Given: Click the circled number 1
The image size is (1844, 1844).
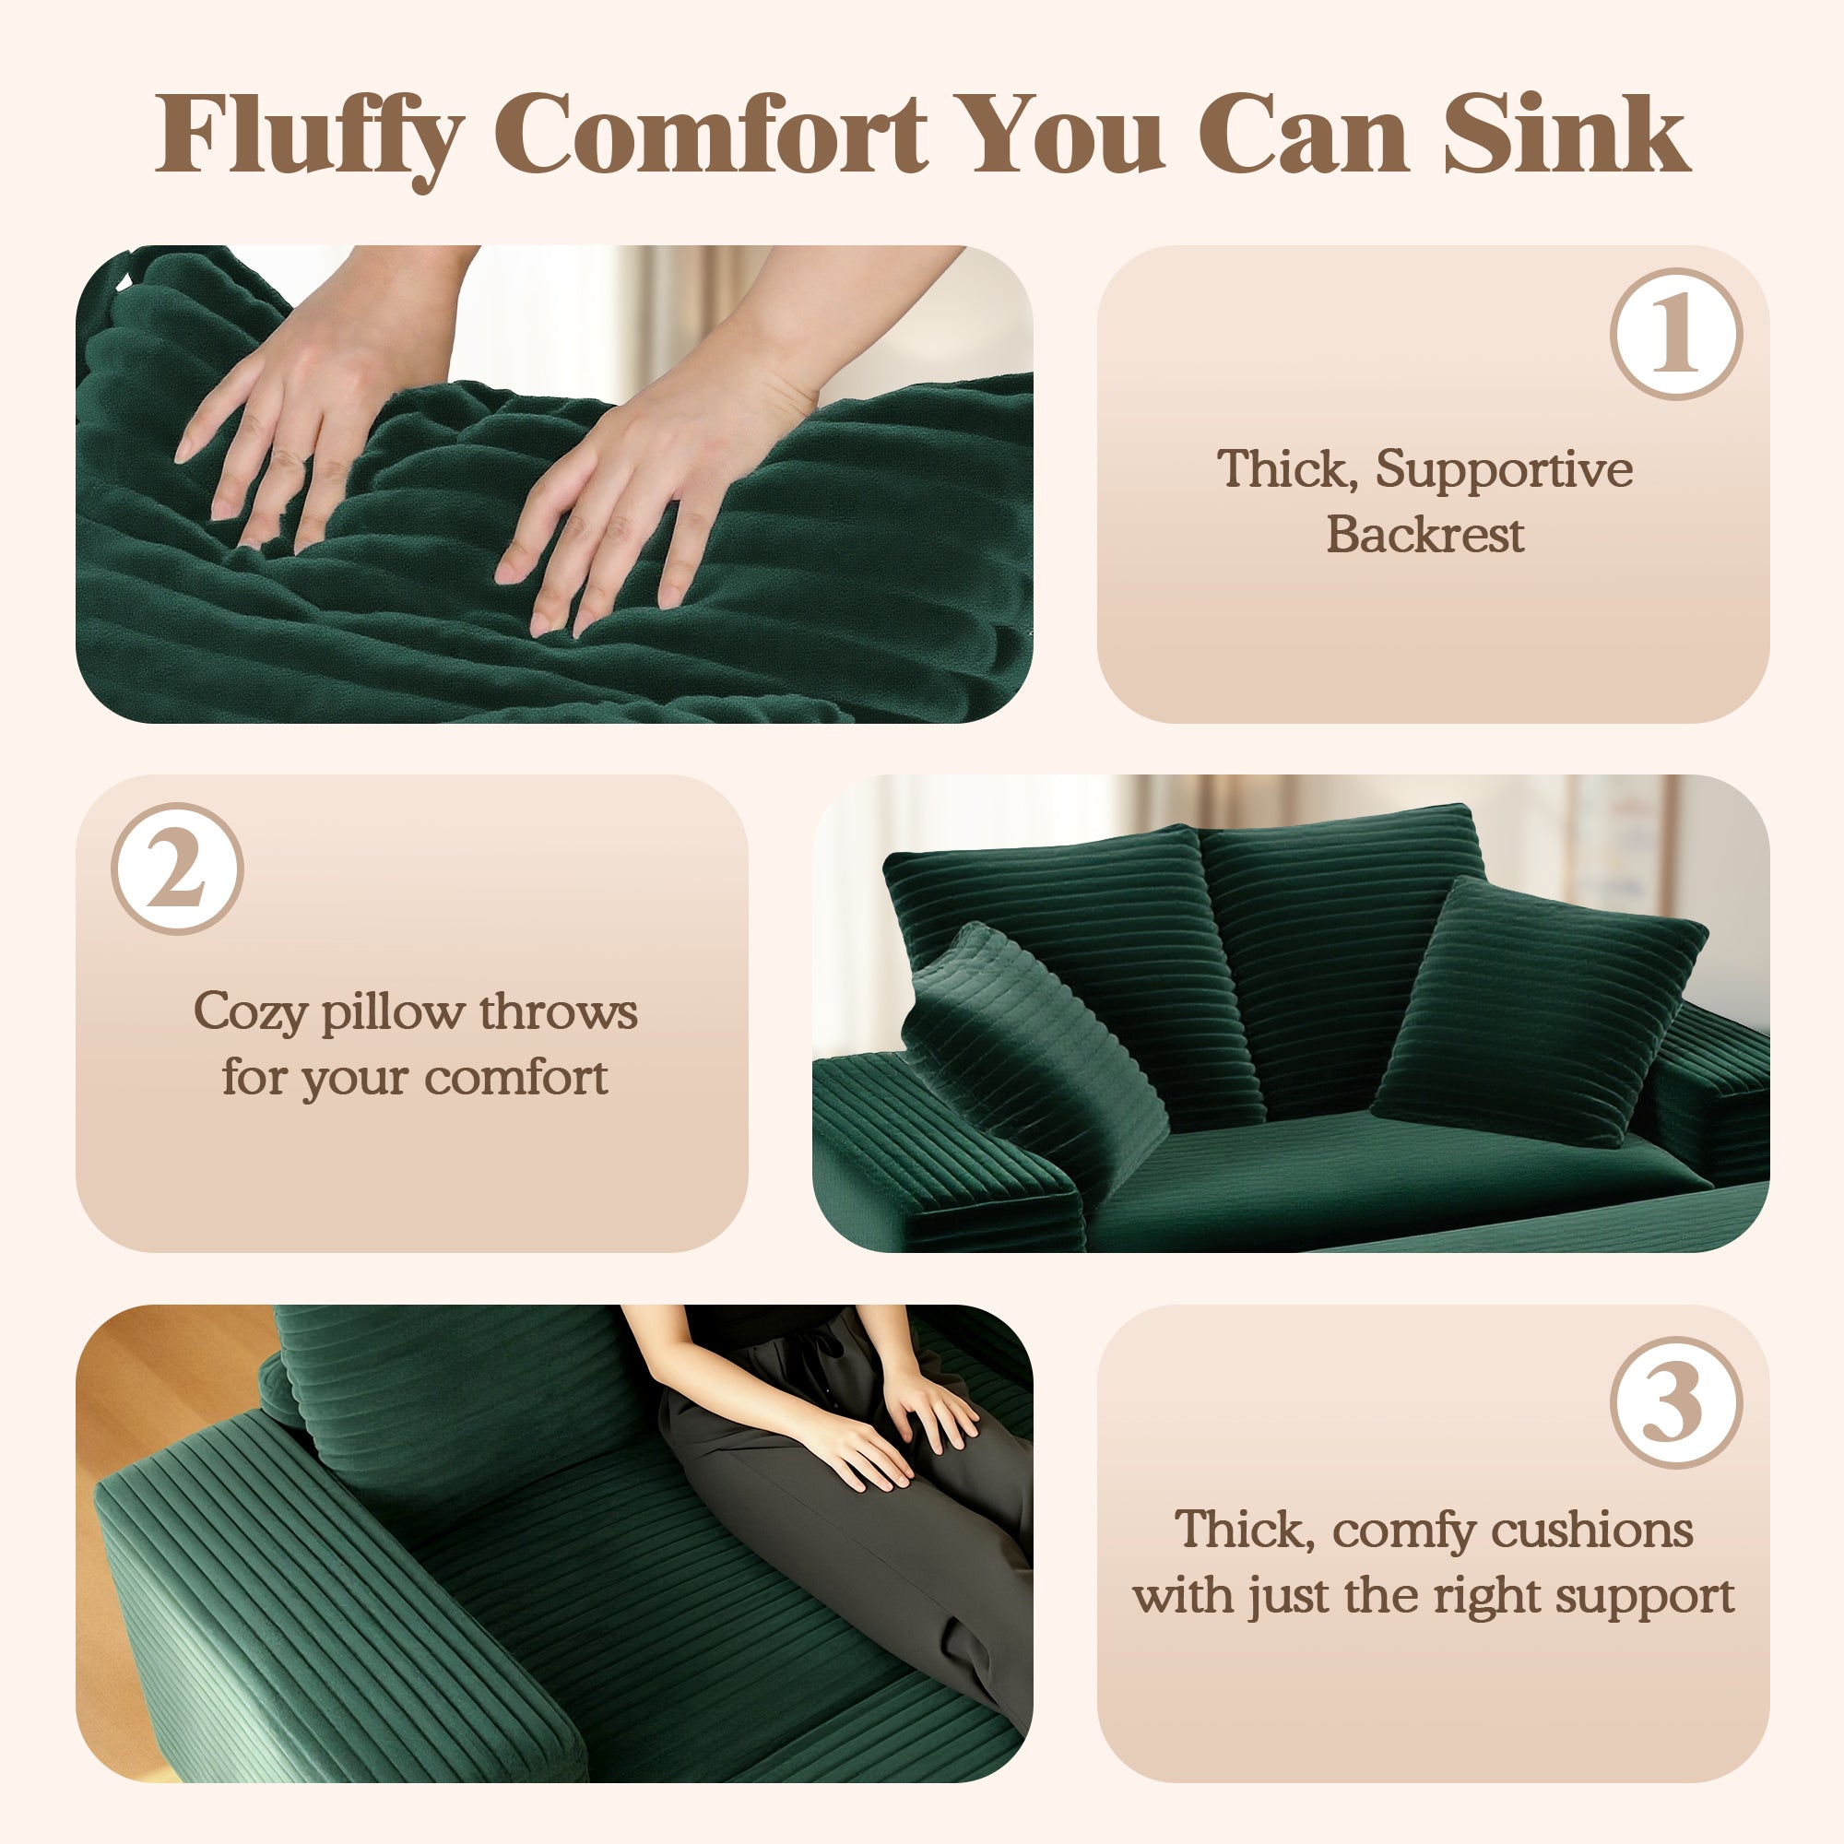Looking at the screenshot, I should (x=1676, y=334).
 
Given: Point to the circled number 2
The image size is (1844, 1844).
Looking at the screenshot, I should (x=178, y=869).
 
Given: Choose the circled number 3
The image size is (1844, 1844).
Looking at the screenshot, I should (x=1676, y=1403).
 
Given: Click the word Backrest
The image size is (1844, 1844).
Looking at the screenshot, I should (x=1425, y=535).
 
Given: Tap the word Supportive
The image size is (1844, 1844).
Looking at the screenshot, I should (x=1503, y=469).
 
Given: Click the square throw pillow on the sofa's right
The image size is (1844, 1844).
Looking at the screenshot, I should (x=1537, y=1011).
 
